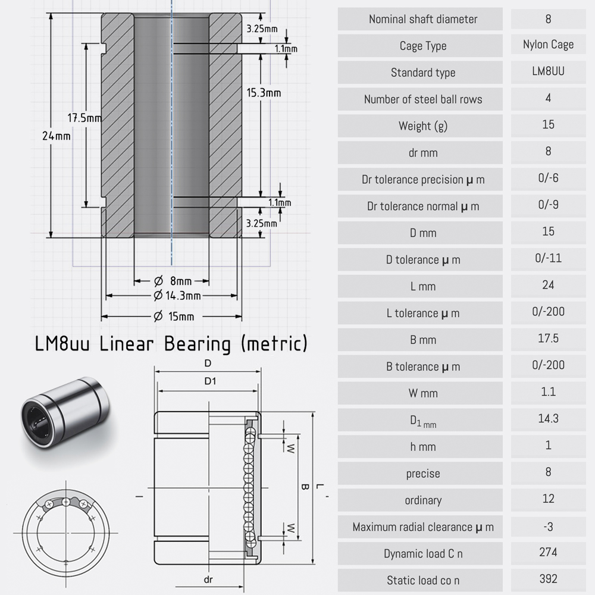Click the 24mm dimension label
coord(56,136)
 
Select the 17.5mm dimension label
coord(84,118)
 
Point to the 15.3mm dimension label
coord(264,93)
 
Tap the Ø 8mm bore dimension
coord(173,281)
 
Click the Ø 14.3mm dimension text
coord(177,295)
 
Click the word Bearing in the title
coord(198,344)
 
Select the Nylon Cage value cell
coord(549,45)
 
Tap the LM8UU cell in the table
coord(549,71)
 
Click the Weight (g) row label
coord(423,126)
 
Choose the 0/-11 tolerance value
coord(549,258)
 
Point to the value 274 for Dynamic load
coord(549,552)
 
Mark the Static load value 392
coord(549,579)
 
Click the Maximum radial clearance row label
coord(423,527)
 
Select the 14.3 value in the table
coord(549,418)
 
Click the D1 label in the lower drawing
coord(210,381)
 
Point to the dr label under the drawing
coord(208,580)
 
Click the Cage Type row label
coord(423,46)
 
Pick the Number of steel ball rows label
coord(423,99)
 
